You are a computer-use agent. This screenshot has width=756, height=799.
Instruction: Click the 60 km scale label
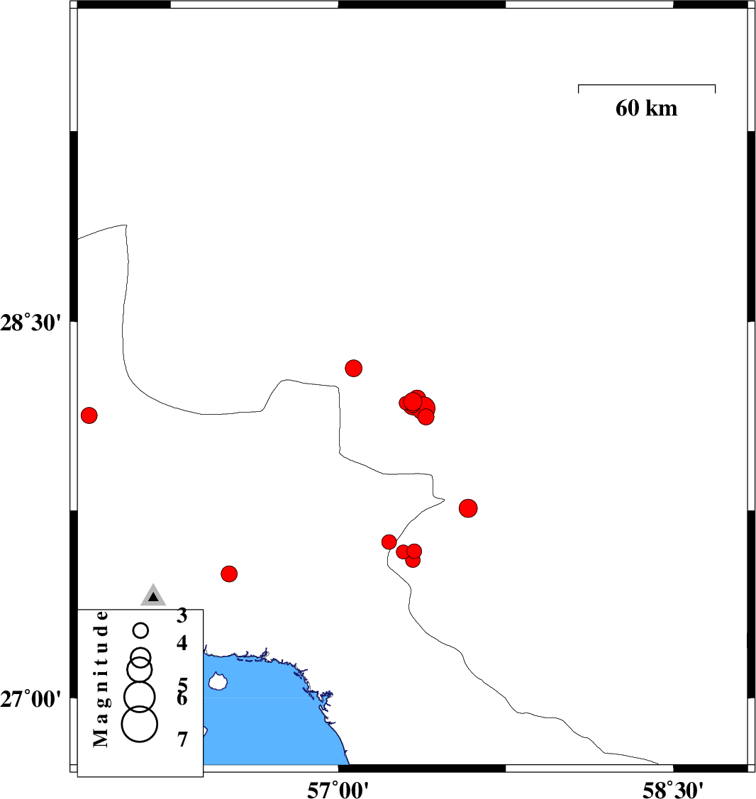tap(646, 108)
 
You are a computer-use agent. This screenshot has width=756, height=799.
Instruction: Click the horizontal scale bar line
tap(646, 85)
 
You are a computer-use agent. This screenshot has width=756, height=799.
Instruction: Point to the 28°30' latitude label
tap(30, 323)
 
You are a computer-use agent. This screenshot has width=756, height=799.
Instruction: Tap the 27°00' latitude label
tap(30, 699)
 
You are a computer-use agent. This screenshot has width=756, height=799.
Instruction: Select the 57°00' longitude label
tap(338, 790)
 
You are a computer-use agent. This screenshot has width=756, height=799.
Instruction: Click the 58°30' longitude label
tap(673, 790)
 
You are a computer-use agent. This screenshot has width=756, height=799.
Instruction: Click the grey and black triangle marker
tap(153, 596)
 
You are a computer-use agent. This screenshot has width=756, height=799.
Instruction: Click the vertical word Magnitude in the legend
tap(101, 678)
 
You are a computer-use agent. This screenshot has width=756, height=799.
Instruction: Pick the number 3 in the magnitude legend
tap(182, 615)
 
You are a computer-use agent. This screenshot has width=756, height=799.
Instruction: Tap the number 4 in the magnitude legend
tap(182, 643)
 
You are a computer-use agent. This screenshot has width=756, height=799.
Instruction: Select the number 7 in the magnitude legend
tap(182, 739)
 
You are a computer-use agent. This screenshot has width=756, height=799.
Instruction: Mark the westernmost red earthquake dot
tap(89, 415)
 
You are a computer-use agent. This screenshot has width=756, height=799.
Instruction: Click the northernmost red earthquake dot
tap(354, 368)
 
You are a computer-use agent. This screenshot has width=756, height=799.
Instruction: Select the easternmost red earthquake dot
tap(468, 508)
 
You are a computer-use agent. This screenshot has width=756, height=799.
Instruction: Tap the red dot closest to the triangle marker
tap(229, 574)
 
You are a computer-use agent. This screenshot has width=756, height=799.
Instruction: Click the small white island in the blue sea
tap(218, 681)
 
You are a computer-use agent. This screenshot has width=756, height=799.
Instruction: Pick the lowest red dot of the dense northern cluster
tap(426, 417)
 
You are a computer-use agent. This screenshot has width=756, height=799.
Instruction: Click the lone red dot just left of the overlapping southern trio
tap(389, 542)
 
